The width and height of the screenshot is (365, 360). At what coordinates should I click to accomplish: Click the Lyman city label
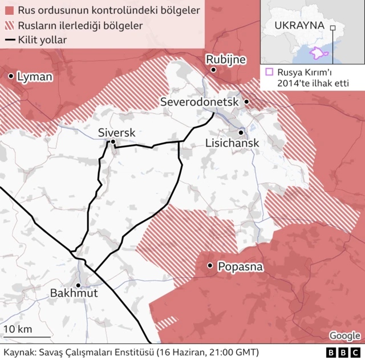(35, 76)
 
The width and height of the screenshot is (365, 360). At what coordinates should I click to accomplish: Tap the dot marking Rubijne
(213, 70)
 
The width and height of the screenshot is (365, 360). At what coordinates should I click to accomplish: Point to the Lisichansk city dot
(241, 132)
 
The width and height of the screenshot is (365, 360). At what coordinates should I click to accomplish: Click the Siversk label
(116, 132)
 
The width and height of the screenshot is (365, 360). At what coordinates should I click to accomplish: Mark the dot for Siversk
(113, 142)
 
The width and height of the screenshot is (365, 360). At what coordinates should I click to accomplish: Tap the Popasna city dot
(210, 265)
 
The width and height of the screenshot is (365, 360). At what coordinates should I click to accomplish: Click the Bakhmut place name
(74, 293)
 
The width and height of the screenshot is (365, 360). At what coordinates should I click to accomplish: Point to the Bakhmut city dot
(78, 285)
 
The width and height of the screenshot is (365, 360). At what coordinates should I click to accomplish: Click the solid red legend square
(9, 11)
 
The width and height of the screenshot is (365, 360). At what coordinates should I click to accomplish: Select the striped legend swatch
(9, 26)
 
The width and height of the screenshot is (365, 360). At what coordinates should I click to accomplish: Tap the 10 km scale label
(18, 329)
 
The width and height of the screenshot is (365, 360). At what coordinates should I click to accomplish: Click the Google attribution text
(344, 335)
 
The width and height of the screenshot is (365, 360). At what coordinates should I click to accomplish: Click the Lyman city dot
(11, 76)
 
